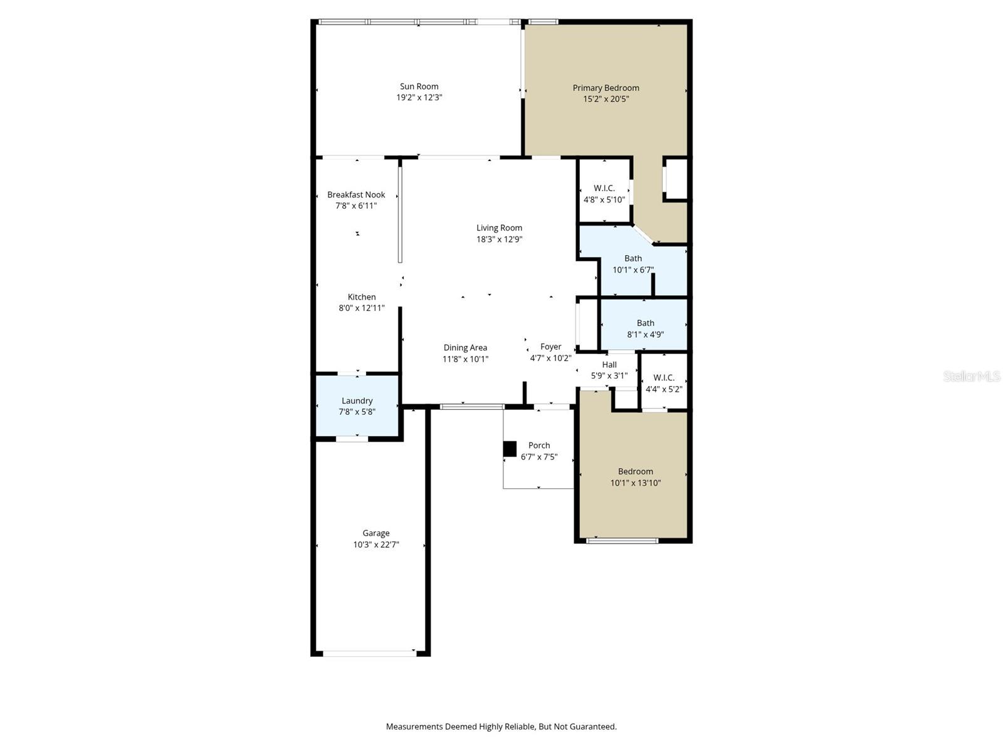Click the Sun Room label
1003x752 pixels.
419,86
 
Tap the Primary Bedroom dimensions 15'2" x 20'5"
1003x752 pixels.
606,99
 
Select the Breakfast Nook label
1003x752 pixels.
356,195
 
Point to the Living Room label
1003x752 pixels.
499,228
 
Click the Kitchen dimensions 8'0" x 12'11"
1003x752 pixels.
361,308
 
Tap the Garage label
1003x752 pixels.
375,533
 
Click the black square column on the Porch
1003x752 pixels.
510,449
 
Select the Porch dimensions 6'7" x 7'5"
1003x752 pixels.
538,457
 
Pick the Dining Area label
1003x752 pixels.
465,348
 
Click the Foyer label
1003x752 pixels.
550,347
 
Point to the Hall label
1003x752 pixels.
609,365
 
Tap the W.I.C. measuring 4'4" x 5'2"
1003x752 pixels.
664,383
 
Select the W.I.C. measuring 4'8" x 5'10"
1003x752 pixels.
604,194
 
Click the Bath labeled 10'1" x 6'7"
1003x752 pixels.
633,264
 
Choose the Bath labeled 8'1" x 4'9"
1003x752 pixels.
645,328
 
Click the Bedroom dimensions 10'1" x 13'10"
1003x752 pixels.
635,483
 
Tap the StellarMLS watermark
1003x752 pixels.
971,376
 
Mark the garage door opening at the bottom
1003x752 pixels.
370,654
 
